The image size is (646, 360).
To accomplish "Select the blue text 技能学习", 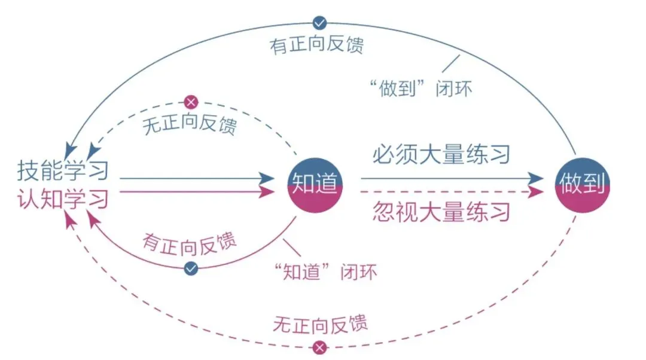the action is [63, 170].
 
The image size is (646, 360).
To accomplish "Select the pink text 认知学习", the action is [63, 198].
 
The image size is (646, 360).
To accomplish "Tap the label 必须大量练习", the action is [441, 155].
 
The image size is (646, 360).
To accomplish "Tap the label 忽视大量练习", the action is [441, 212].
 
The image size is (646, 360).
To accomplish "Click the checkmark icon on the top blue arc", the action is [320, 23].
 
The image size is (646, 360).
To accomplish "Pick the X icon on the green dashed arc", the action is [191, 102].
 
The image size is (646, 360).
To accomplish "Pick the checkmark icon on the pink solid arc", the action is [191, 269].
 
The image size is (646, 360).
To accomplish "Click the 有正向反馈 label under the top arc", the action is [317, 45].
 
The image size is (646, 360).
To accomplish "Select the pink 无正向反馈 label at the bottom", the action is [320, 324].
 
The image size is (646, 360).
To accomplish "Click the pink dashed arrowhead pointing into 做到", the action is [537, 191].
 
